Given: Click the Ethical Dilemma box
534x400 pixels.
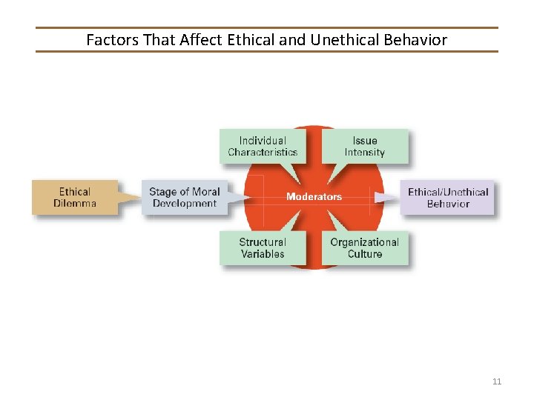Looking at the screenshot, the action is coord(75,198).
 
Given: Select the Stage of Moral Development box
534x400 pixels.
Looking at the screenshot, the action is coord(185,198).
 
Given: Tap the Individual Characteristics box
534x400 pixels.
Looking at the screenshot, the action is coord(263,147).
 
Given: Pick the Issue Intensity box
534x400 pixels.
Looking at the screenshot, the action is coord(365,147).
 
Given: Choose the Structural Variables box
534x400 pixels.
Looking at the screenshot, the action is coord(263,248).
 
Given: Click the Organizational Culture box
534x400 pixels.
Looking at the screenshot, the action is coord(365,248).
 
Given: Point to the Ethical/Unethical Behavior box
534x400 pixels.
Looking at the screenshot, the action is coord(448,198).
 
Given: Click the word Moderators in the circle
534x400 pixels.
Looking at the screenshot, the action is coord(314,197).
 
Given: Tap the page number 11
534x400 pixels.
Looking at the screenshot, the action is coord(497,381).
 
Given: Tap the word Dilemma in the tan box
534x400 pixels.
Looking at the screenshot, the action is coord(75,204).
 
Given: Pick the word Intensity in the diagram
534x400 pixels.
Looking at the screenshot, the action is coord(365,153).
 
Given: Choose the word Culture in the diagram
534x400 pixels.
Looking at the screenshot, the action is coord(365,254).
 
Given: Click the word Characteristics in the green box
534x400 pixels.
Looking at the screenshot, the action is coord(263,153).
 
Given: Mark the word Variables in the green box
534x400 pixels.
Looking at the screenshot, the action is coord(263,254).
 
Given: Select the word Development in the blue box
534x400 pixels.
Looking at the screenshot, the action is coord(185,204).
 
